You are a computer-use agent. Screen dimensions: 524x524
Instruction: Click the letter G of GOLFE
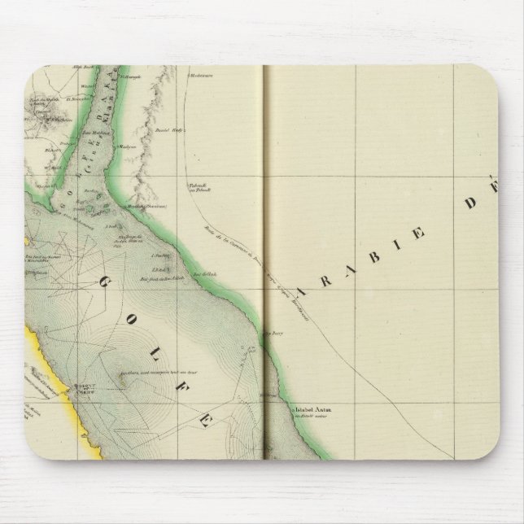point(108,282)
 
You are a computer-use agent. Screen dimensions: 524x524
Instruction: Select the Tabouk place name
point(199,186)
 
